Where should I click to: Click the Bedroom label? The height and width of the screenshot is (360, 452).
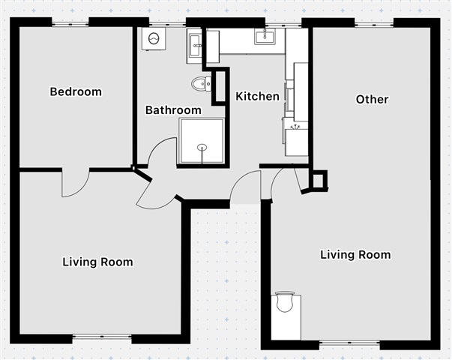pos(76,91)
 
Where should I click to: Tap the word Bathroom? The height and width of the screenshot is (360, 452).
pos(173,110)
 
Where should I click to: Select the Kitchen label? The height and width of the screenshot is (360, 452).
pos(257,96)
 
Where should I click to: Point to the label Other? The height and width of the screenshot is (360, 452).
pos(372,99)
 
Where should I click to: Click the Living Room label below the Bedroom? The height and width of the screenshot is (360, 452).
pos(98,262)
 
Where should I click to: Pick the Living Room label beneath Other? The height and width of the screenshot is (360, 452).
pos(356,255)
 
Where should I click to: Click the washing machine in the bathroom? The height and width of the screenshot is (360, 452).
pos(154,39)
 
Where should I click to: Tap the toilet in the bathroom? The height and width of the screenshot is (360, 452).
pos(201,84)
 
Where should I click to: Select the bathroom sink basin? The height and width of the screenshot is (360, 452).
pos(195,46)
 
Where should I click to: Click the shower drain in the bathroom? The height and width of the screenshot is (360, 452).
pos(202,148)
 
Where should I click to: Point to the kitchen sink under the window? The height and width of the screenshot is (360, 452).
pos(265,36)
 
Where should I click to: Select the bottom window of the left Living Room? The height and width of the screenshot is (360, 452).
pos(102,336)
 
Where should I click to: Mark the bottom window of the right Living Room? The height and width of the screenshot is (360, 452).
pos(349,343)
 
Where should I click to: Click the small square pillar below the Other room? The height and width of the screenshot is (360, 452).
pos(319,180)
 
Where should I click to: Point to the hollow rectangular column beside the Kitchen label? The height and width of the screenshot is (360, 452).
pos(220,86)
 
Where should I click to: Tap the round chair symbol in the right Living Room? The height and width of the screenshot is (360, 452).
pos(285,301)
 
